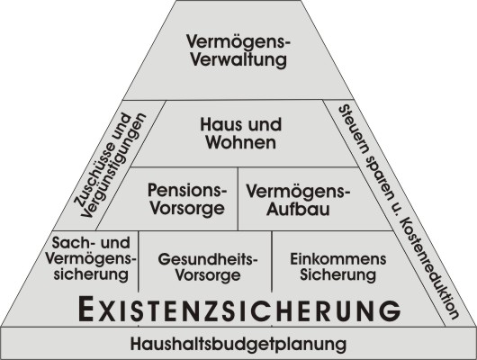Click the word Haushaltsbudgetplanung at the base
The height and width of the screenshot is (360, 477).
(238, 344)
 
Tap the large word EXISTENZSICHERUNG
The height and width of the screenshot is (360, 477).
(239, 310)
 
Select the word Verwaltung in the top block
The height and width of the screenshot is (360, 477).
(239, 59)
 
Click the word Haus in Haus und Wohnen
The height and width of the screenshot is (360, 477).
(217, 125)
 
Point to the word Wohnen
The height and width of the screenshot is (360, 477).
(241, 142)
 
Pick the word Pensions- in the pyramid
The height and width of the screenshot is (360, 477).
(187, 191)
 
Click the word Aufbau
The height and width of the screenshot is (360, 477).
(298, 209)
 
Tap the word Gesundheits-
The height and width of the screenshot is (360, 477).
(208, 260)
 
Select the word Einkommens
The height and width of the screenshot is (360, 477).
(338, 259)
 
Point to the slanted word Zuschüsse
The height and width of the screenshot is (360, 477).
(103, 161)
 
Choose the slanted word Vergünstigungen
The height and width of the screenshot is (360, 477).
(114, 166)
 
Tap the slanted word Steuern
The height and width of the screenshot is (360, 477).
(353, 129)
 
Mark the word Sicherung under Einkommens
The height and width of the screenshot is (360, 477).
(338, 274)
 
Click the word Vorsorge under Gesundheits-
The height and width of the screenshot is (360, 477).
(208, 275)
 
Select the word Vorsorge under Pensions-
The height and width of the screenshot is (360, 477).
(188, 209)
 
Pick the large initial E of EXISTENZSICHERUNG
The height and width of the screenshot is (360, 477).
(85, 310)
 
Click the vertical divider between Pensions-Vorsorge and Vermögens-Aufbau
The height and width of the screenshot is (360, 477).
(238, 198)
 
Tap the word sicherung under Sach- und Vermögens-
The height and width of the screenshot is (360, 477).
(91, 274)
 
